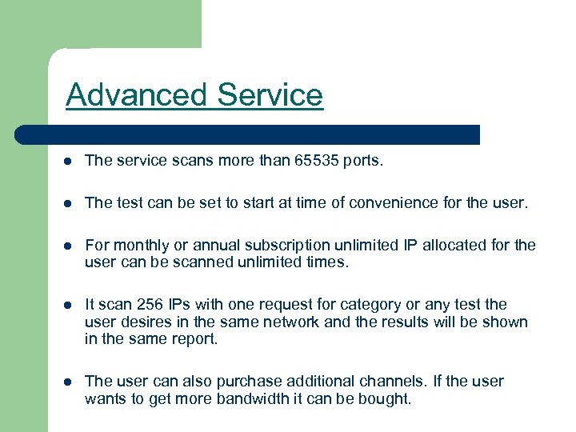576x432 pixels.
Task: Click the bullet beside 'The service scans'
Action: (x=69, y=161)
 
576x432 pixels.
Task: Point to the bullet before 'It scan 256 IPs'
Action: (x=69, y=305)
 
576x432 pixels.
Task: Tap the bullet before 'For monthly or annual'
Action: (x=69, y=246)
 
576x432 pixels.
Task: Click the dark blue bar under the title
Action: (x=248, y=134)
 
